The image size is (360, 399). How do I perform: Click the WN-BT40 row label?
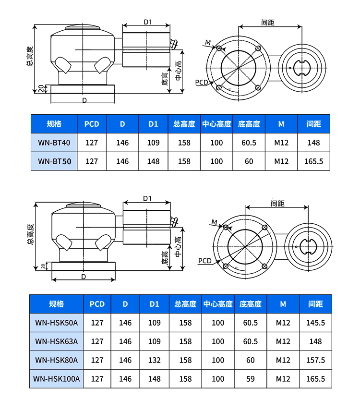tap(54, 143)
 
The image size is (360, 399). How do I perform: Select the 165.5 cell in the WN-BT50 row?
tap(314, 161)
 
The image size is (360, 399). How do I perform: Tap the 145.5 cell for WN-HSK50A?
tap(315, 323)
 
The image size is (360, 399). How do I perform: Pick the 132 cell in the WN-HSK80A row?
tap(155, 360)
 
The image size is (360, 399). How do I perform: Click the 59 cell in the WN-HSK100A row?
tap(251, 379)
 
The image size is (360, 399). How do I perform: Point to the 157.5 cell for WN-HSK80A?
tap(315, 360)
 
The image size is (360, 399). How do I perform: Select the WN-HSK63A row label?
tap(57, 341)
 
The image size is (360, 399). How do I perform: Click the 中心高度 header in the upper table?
tap(217, 124)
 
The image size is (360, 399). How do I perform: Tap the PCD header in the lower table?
tap(97, 304)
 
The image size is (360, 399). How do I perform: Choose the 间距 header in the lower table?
tap(315, 304)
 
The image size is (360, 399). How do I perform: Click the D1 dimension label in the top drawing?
tap(148, 22)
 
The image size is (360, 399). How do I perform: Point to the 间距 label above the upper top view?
tap(268, 23)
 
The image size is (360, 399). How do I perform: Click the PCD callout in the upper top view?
tap(201, 82)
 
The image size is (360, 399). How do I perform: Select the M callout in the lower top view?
tap(214, 222)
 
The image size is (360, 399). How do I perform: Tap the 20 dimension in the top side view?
tap(41, 88)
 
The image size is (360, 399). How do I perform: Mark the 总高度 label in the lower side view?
tap(30, 234)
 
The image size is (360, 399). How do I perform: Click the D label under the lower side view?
tap(84, 277)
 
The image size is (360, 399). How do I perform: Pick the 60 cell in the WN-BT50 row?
tap(249, 161)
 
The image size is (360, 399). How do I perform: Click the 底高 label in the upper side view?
tap(165, 79)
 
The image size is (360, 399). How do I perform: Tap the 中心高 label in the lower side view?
tap(179, 247)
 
